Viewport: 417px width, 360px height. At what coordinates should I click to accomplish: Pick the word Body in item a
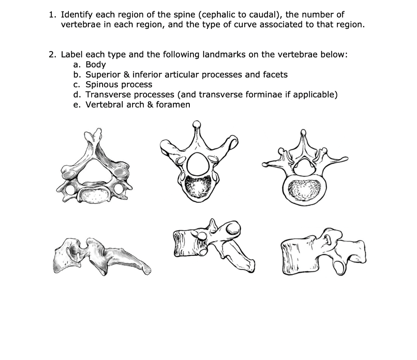96,64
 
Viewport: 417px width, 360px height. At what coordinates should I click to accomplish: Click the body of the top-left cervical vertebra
94,195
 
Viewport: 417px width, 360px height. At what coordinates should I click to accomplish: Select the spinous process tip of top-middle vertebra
196,124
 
